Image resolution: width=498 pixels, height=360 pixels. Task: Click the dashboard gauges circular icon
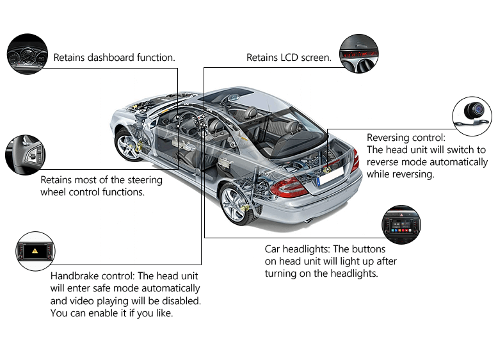(27, 54)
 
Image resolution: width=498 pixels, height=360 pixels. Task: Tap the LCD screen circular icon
(359, 54)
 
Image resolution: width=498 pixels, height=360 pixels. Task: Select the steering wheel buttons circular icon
(26, 154)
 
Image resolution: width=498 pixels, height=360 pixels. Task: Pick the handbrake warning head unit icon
(36, 251)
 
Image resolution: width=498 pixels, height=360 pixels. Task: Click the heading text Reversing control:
(406, 138)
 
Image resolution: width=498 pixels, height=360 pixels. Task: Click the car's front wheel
(127, 144)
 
